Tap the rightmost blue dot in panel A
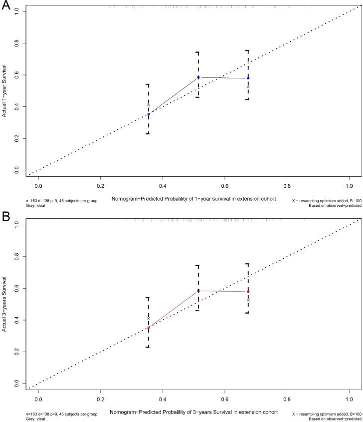point(248,78)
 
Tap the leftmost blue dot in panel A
point(148,114)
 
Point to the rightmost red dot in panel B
point(248,291)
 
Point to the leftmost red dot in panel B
point(148,327)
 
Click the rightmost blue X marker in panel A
point(248,87)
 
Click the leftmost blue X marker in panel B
point(148,318)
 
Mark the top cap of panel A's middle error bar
point(198,52)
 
